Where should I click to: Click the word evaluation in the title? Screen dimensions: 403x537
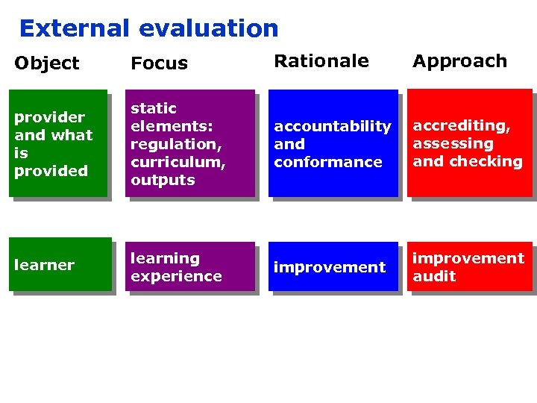point(209,28)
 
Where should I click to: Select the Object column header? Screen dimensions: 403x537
point(46,63)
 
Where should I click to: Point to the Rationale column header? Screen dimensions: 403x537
point(321,61)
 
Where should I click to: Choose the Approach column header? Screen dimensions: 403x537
point(459,61)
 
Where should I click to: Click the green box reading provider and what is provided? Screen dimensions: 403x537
point(58,143)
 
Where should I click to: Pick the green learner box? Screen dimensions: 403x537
point(60,264)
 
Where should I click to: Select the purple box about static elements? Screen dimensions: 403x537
point(189,143)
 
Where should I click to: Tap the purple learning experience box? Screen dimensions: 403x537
point(189,266)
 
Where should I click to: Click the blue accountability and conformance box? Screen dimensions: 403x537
point(333,143)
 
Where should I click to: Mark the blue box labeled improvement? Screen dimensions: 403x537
point(333,266)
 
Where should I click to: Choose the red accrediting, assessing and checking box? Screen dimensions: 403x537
point(469,143)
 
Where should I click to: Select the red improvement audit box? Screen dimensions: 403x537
point(469,266)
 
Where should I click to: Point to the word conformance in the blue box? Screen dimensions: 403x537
point(327,162)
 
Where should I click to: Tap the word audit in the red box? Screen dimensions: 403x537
point(434,276)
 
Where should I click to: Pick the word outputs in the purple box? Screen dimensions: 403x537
point(163,180)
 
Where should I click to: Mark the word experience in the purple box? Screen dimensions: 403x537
point(176,276)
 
